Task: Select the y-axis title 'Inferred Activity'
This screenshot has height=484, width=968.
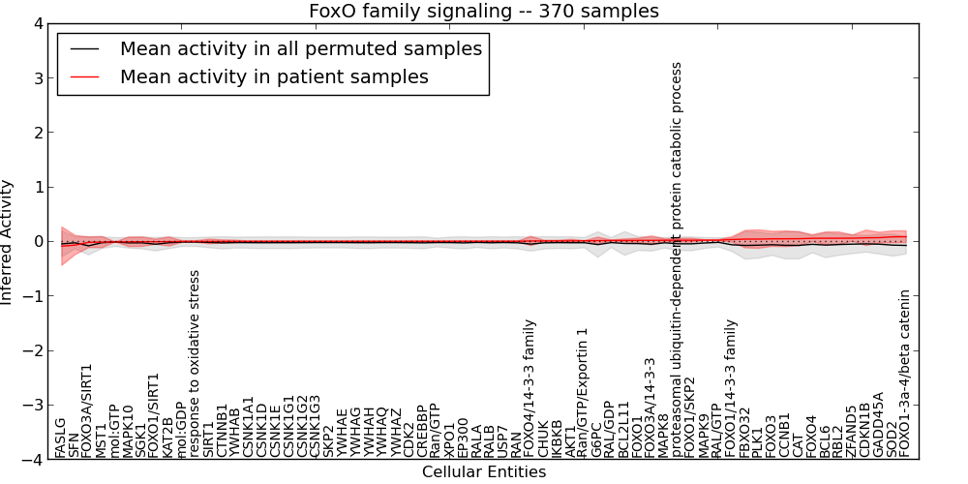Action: tap(8, 242)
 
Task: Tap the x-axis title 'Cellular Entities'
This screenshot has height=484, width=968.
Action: tap(483, 472)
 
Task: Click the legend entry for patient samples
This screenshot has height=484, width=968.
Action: tap(274, 76)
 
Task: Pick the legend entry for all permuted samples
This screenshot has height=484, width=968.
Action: tap(300, 48)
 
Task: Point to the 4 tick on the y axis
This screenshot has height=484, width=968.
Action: tap(39, 23)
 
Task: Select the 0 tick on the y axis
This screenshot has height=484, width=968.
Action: tap(39, 242)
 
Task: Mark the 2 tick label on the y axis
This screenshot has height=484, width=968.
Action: tap(39, 133)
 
